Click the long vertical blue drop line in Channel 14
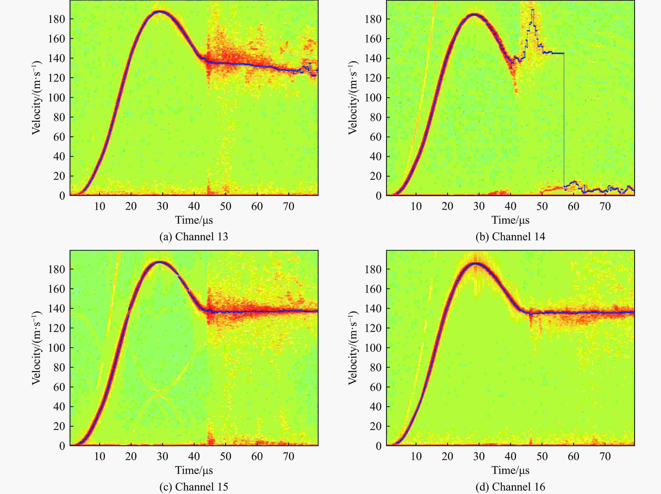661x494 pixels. click(564, 120)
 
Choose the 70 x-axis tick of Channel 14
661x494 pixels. click(605, 206)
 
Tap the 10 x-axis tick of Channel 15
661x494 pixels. click(99, 456)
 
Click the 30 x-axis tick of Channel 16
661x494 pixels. click(479, 456)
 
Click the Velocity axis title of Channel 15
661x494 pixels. click(36, 348)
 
